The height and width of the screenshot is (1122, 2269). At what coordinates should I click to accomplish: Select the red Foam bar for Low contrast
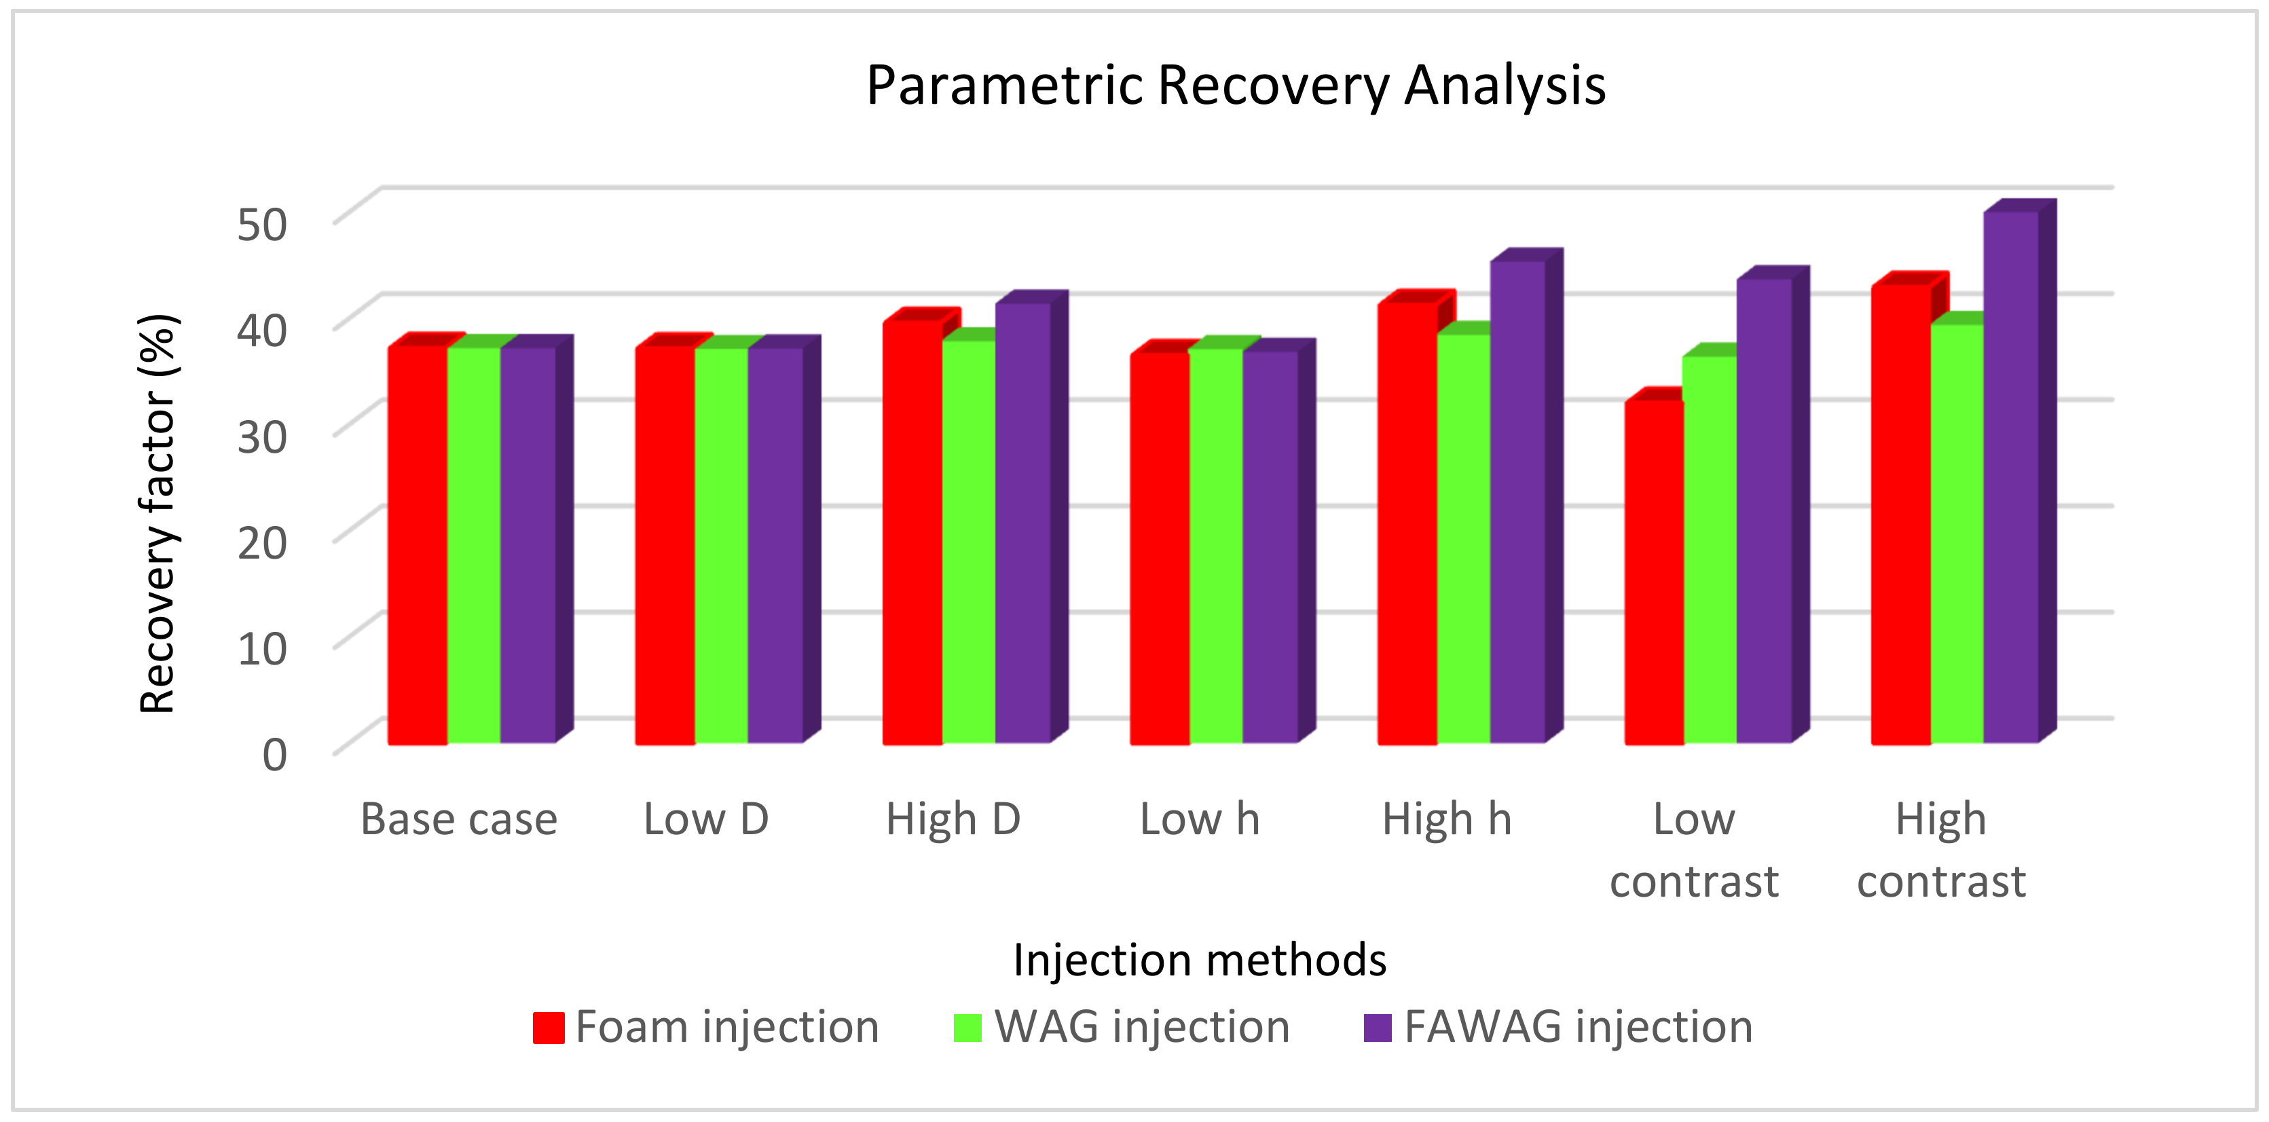click(1653, 572)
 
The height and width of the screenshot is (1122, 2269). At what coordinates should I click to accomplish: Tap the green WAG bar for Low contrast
click(1710, 550)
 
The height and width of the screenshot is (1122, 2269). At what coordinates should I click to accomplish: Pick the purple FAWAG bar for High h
click(1517, 502)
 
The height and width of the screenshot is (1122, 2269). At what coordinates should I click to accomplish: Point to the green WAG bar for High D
click(968, 542)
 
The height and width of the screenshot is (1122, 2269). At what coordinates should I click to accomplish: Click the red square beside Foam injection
click(548, 1028)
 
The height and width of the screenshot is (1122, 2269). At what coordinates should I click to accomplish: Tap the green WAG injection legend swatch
click(967, 1028)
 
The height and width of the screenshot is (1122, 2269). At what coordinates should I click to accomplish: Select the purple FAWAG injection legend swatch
click(1377, 1028)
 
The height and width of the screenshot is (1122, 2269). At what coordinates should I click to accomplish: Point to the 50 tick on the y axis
click(261, 224)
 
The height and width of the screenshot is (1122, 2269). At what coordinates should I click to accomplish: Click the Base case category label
click(459, 819)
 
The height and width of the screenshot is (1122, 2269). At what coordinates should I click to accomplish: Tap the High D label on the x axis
click(953, 819)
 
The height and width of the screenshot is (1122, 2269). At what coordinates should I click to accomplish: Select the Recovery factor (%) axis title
click(160, 513)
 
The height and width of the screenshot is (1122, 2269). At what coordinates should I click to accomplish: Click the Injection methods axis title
click(1199, 959)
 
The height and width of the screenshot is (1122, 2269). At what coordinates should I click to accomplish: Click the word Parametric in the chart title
click(1004, 86)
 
